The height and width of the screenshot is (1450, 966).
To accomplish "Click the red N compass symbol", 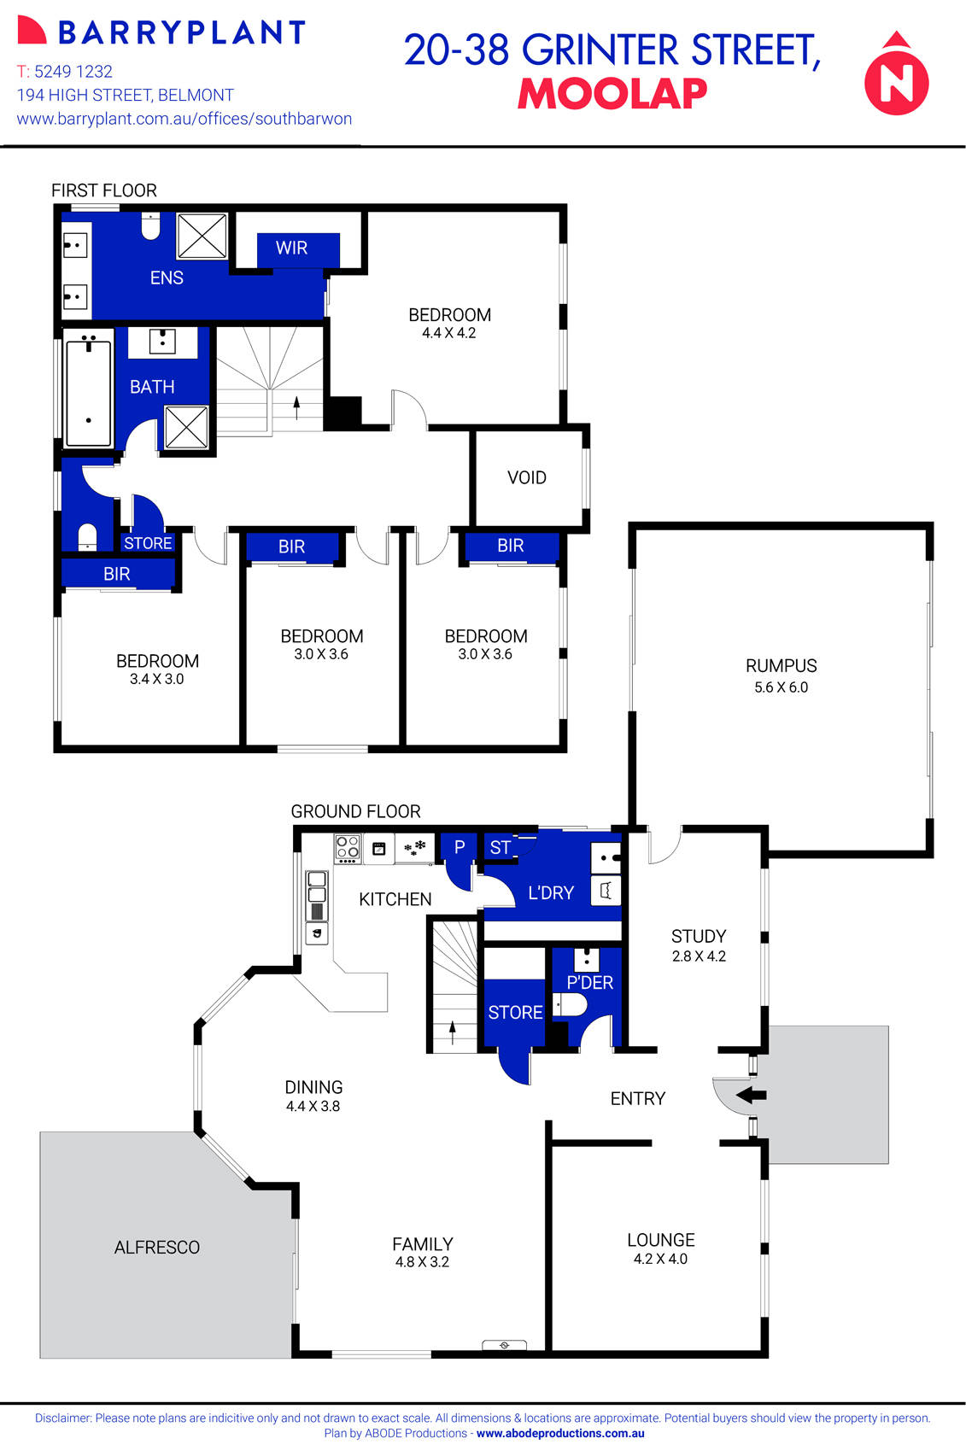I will coord(896,79).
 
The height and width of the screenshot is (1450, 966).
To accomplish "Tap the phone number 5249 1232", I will coord(73,72).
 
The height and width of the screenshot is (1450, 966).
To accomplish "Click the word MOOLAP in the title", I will coord(612,94).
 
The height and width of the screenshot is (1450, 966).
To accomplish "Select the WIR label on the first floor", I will coord(291,248).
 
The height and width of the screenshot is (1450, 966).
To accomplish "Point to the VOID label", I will coord(527,478).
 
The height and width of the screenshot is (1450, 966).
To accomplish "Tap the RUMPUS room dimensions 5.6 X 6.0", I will coord(781,687).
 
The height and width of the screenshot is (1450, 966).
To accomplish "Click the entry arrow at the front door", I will coord(751,1095).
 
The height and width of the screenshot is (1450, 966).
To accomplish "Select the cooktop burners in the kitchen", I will coord(348,846).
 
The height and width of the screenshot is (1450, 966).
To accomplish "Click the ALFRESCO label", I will coord(157,1248).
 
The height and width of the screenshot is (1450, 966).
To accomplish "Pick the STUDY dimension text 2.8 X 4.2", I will coord(699,956).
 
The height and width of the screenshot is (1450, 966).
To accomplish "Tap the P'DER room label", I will coord(590,983).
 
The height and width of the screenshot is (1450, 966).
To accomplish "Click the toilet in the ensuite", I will coord(150,227).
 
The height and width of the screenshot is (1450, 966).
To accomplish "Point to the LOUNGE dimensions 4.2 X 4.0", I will coord(660,1259).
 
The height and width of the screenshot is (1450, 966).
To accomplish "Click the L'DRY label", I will coord(551,893).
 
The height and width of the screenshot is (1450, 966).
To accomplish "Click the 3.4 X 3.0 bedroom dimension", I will coord(157,679).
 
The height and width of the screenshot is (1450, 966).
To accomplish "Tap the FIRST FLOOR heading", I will coord(104,190).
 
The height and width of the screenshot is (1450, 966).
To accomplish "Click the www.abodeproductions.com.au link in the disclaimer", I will coord(560,1434).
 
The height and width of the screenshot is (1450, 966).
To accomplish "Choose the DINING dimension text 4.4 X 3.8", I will coord(313,1106).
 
